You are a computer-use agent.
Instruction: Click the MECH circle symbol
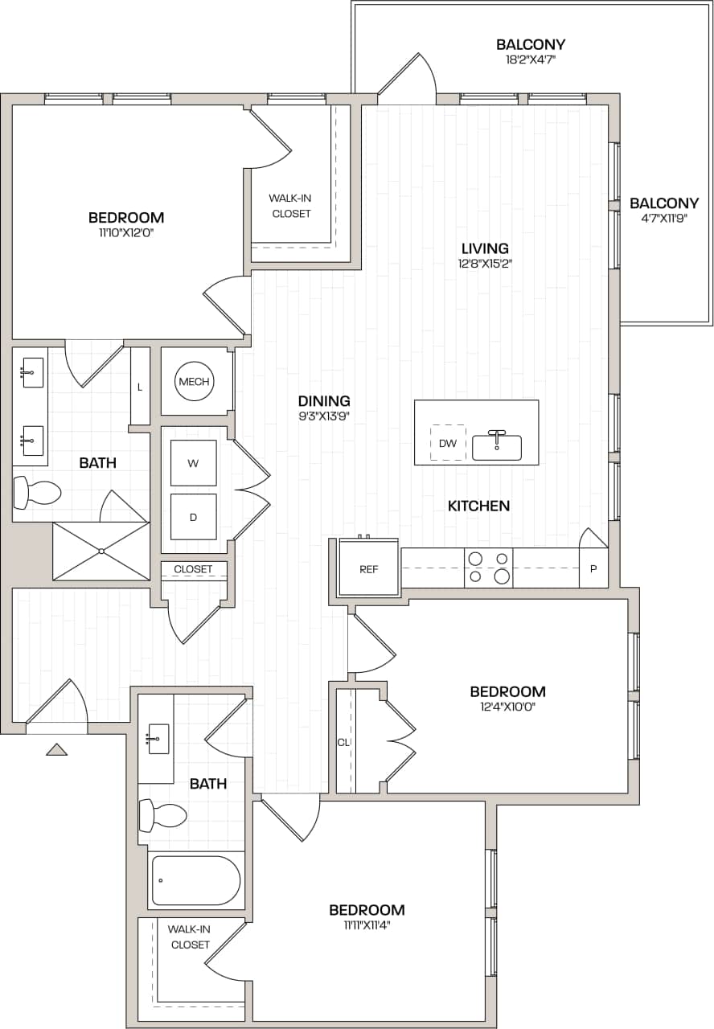(195, 382)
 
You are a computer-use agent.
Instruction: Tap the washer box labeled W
(193, 463)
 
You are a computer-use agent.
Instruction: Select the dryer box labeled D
(193, 517)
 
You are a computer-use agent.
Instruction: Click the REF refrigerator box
(369, 568)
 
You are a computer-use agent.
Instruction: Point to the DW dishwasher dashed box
(448, 443)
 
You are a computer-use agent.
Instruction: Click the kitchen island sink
(497, 446)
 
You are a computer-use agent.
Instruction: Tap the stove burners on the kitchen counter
(489, 568)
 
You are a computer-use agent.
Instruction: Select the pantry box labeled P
(593, 568)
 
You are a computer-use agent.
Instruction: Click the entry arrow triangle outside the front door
(56, 749)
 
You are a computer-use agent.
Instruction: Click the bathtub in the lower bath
(195, 880)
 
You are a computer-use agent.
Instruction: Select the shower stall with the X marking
(101, 551)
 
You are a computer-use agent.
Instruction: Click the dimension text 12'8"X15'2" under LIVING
(485, 263)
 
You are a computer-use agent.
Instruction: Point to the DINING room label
(324, 400)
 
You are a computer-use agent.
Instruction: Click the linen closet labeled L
(140, 387)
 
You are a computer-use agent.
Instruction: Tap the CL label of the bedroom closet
(343, 742)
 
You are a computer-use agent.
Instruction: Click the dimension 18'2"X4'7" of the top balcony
(531, 59)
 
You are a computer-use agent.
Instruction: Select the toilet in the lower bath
(163, 815)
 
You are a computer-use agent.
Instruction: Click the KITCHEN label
(478, 506)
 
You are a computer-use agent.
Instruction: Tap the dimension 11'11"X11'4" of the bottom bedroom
(367, 924)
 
